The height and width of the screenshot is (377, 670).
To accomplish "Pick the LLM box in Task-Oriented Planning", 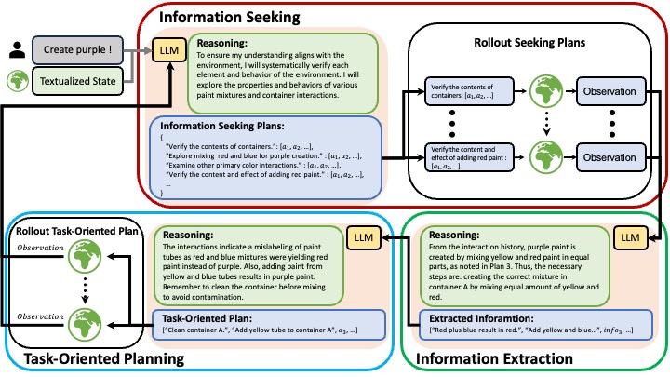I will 360,238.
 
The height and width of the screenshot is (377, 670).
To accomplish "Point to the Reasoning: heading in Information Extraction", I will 455,235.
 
